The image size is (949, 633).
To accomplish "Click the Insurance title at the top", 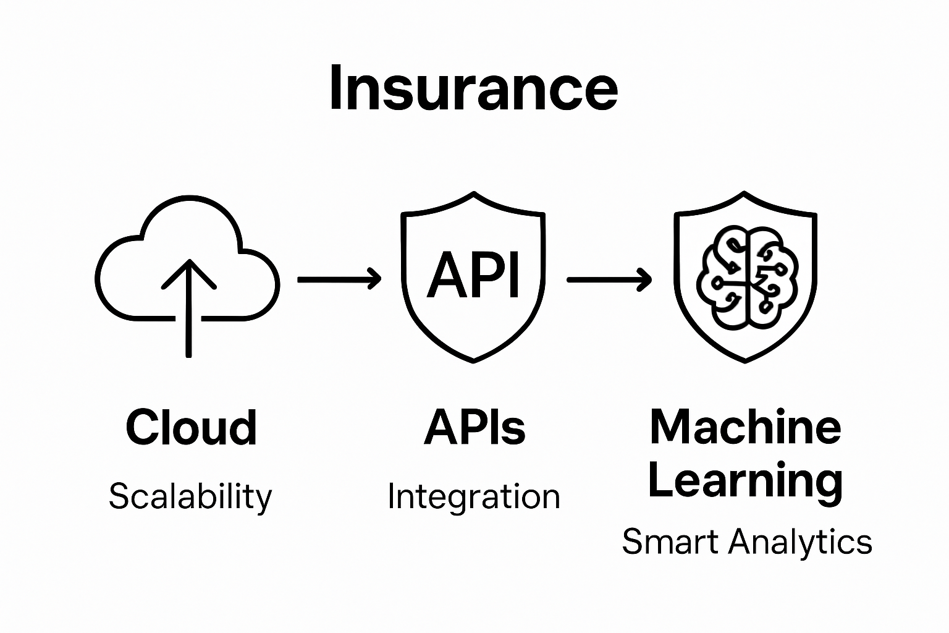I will (473, 88).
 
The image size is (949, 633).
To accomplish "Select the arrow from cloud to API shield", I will (339, 279).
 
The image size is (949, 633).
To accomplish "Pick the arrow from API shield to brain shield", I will (609, 279).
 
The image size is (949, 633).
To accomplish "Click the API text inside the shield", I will (473, 275).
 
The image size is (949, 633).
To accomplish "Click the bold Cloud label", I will (191, 427).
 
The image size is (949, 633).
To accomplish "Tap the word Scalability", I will (190, 497).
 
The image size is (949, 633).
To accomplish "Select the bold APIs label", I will (474, 427).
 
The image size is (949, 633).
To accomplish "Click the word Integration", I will (474, 497).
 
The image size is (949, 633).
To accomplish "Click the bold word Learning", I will (745, 480).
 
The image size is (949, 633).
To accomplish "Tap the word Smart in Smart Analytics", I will (671, 542).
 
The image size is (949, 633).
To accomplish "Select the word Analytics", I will (800, 542).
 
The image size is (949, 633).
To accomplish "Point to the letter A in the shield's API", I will (443, 276).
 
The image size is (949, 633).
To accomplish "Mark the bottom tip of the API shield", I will (474, 360).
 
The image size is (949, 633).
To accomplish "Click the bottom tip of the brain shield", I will (746, 360).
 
